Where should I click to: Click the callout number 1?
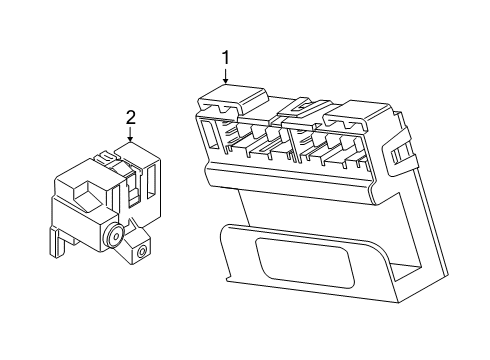coord(226,58)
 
